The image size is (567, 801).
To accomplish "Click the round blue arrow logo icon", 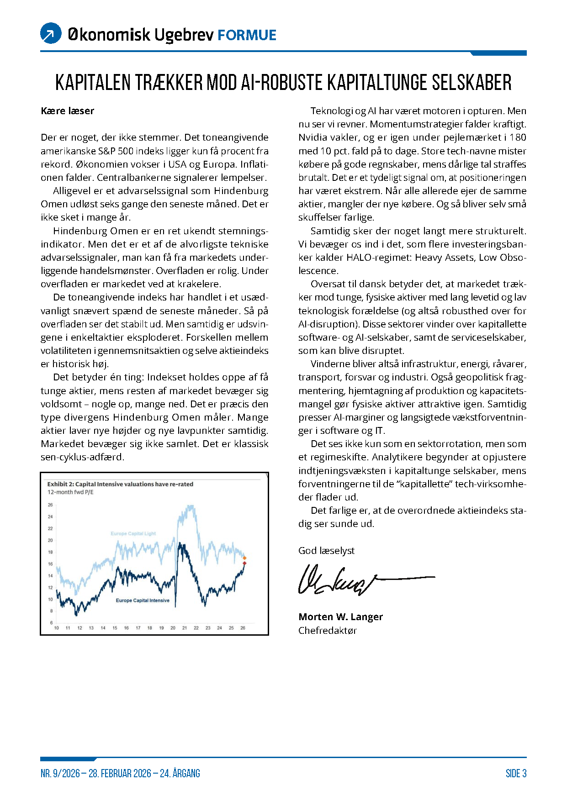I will (x=51, y=33).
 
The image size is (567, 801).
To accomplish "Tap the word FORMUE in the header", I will (x=247, y=35).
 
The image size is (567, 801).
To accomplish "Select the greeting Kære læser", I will (x=67, y=111).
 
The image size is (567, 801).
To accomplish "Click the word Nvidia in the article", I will (x=313, y=137).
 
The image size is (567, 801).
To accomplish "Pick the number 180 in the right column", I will (x=518, y=137).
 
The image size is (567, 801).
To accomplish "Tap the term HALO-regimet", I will (x=379, y=258).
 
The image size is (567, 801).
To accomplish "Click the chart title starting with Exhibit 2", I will (x=120, y=484).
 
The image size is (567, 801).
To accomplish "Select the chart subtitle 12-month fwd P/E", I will (x=70, y=492).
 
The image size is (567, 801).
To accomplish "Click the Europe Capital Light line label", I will (x=133, y=533).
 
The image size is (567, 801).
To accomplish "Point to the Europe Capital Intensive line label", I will (x=143, y=601).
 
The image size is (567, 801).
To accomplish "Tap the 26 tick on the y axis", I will (x=50, y=505).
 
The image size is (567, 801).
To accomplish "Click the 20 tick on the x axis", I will (x=173, y=628).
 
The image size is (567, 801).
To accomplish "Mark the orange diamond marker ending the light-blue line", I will (x=244, y=558).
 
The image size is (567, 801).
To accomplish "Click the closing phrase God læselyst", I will (x=326, y=551).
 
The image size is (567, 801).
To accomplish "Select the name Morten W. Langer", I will (x=340, y=617).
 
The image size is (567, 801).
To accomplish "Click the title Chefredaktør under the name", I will (x=327, y=631).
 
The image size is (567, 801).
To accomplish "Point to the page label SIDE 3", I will (x=516, y=774).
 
